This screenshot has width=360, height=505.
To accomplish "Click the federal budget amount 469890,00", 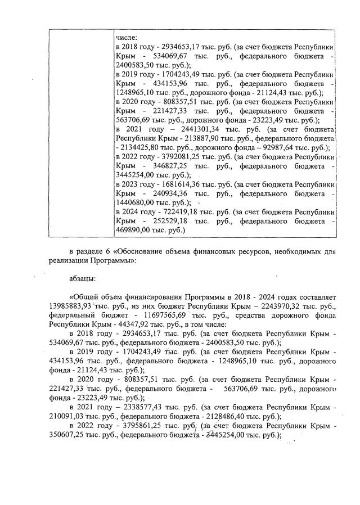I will pos(133,230).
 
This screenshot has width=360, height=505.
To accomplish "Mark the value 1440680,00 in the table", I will pos(135,202).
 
